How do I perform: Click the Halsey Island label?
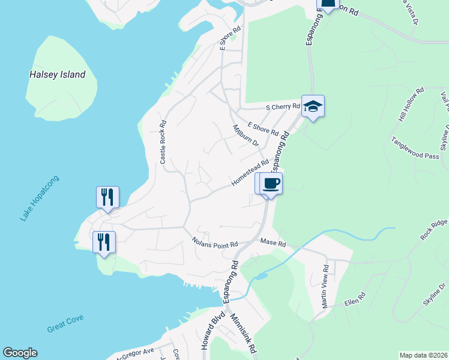pyautogui.click(x=58, y=75)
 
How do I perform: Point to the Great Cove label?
pyautogui.click(x=65, y=324)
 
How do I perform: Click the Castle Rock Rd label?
pyautogui.click(x=163, y=142)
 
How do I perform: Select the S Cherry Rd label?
pyautogui.click(x=283, y=107)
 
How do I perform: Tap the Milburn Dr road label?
pyautogui.click(x=246, y=136)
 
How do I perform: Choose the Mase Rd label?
pyautogui.click(x=273, y=243)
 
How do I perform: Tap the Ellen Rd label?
pyautogui.click(x=355, y=299)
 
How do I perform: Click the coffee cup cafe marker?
pyautogui.click(x=271, y=184)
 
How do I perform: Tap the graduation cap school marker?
pyautogui.click(x=313, y=106)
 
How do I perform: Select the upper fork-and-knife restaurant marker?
pyautogui.click(x=108, y=197)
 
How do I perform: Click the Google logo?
pyautogui.click(x=20, y=353)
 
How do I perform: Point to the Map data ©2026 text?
pyautogui.click(x=423, y=355)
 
